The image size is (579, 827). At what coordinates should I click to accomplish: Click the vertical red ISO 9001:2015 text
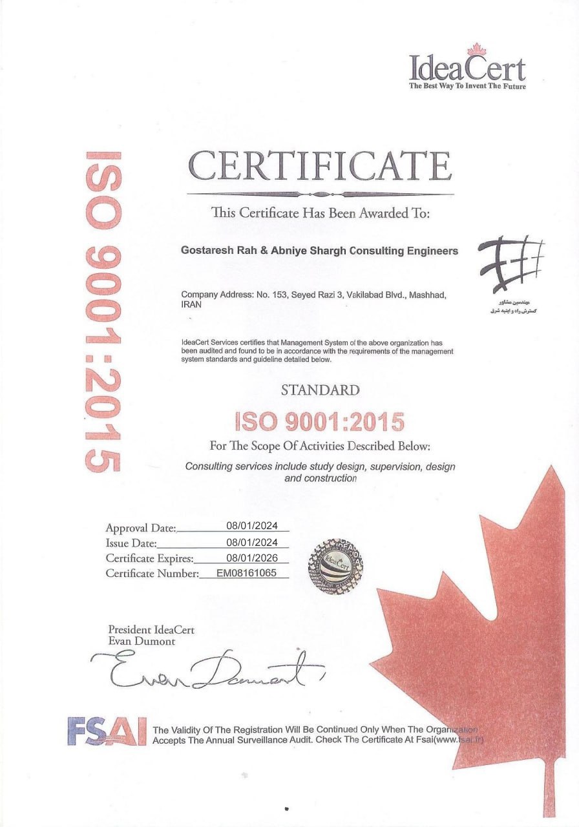103,311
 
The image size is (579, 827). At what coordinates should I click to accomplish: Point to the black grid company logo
510,266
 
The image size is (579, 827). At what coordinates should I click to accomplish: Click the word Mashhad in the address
427,295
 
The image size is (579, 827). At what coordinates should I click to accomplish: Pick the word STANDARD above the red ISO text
321,390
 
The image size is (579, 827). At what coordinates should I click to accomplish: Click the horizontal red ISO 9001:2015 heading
320,422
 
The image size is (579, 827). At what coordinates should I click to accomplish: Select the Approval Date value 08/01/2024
252,525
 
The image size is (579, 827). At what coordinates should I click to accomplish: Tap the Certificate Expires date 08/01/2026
252,556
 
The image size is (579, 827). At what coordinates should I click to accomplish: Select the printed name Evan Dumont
142,642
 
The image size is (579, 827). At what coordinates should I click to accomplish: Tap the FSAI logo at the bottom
107,731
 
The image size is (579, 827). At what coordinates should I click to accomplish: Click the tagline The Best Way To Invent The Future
467,86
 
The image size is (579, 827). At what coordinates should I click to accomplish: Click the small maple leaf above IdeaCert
476,49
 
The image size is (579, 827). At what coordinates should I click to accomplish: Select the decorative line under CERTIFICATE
320,194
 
